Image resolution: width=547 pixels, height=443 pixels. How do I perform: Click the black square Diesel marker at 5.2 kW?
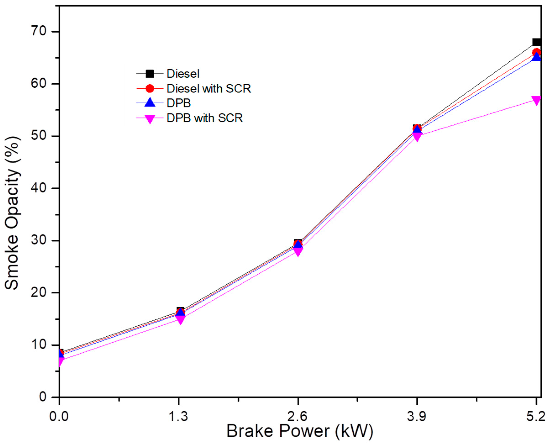coord(536,42)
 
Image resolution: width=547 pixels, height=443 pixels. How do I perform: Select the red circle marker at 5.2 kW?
coord(536,52)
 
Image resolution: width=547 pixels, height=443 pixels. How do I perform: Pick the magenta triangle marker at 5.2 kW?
coord(536,100)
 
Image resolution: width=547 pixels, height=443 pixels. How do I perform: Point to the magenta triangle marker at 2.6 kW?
coord(298,252)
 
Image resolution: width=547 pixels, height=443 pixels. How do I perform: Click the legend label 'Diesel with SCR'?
coord(209,89)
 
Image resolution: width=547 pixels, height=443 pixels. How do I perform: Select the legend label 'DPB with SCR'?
coord(204,118)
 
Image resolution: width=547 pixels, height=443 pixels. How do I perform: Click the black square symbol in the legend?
coord(150,74)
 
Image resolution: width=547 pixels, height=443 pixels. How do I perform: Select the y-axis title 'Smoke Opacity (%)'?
coord(12,213)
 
